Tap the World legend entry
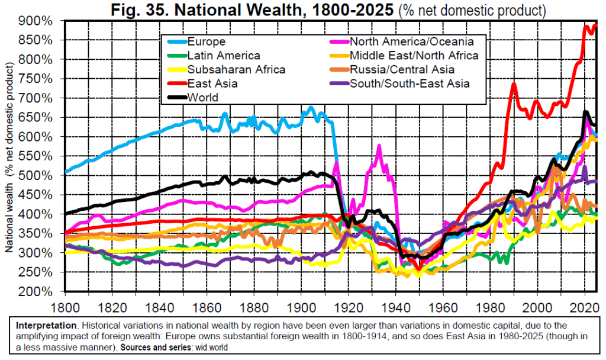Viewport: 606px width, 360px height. [x=202, y=98]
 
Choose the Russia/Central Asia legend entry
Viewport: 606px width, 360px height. [x=402, y=69]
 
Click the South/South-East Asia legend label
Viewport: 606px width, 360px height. [x=410, y=83]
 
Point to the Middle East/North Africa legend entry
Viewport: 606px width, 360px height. [x=414, y=56]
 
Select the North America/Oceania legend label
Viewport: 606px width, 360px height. [x=412, y=41]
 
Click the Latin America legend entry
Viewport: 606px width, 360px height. [x=223, y=56]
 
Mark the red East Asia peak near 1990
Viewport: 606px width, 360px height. [x=514, y=84]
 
